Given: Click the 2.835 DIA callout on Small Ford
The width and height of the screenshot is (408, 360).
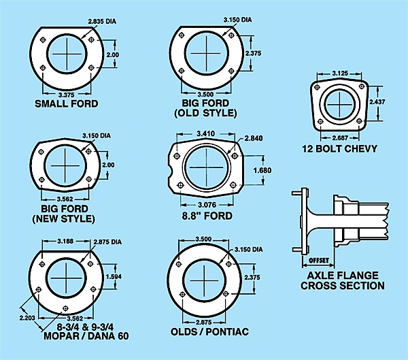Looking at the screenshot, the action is [x=102, y=21].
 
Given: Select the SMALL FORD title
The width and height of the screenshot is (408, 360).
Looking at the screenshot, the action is [x=67, y=103].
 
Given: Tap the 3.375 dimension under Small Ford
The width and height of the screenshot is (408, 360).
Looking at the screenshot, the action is [x=67, y=95].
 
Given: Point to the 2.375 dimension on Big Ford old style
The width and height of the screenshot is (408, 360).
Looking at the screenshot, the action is [x=253, y=53].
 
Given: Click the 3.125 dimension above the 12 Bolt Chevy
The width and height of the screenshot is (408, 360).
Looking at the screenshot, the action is [x=340, y=73].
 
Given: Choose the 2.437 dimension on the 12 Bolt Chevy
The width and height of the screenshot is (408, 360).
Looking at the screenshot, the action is [x=377, y=101].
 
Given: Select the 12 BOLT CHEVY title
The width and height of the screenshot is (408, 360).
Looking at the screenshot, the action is [x=339, y=149].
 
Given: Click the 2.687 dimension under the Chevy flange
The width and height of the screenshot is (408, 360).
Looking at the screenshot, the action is [x=340, y=137].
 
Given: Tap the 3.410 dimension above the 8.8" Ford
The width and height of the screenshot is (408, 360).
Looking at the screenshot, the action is [x=205, y=133].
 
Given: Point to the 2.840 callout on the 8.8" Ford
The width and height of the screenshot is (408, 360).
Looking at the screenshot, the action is [x=254, y=138].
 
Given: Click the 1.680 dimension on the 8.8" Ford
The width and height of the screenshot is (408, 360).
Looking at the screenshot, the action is [x=262, y=170].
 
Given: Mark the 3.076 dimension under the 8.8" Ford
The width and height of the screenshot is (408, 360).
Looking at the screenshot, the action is [x=207, y=205].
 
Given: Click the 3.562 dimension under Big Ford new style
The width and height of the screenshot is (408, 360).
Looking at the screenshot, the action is [x=65, y=199].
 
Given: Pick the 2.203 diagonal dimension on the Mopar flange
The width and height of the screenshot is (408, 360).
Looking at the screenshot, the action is [x=27, y=318].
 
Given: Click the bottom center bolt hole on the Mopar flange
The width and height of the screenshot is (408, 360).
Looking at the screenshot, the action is [x=65, y=308].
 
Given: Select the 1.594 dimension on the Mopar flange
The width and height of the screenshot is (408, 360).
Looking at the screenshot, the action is [x=114, y=276].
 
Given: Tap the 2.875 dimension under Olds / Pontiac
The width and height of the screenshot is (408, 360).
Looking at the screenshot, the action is [x=204, y=322].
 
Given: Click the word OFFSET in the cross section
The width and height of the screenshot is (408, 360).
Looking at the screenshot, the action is [x=318, y=260].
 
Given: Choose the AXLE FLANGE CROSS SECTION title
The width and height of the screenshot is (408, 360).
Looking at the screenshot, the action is [x=343, y=280].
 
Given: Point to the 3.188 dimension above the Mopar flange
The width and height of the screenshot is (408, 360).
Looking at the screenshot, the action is [x=65, y=241].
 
